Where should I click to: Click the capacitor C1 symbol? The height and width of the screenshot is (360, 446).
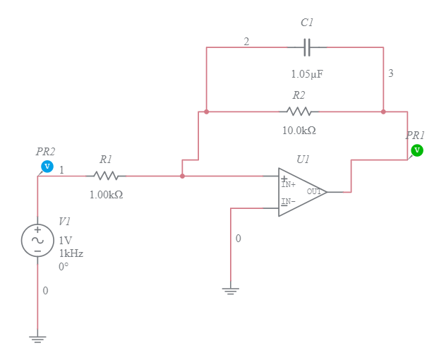coord(306,47)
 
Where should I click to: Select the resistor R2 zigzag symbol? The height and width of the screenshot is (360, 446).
coord(299,112)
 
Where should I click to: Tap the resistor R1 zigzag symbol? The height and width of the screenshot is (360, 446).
coord(106,176)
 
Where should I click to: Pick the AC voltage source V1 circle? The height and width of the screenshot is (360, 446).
coord(37,240)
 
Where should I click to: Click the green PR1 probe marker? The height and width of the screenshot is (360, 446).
coord(416,150)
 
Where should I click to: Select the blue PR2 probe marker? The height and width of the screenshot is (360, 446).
coord(47,167)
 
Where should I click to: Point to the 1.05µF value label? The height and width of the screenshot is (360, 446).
coord(307,73)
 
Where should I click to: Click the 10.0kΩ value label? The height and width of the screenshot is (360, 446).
coord(299,131)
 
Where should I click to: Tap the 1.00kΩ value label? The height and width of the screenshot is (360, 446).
coord(106,195)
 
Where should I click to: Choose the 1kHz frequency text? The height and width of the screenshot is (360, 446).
coord(71,253)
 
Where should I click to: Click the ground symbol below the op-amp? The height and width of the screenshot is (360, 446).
coord(231,290)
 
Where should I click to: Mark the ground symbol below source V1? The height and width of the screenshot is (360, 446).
coord(37,339)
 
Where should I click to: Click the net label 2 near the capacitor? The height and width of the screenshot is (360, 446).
coord(246,42)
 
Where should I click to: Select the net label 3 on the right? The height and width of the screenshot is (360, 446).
coord(391,73)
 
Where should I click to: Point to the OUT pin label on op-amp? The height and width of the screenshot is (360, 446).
coord(314,191)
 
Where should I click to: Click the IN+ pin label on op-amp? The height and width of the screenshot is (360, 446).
coord(288,184)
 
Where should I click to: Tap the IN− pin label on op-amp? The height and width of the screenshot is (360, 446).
coord(288,202)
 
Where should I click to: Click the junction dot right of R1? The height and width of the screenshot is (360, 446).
coord(182,176)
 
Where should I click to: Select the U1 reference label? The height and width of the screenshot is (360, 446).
coord(303,160)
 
